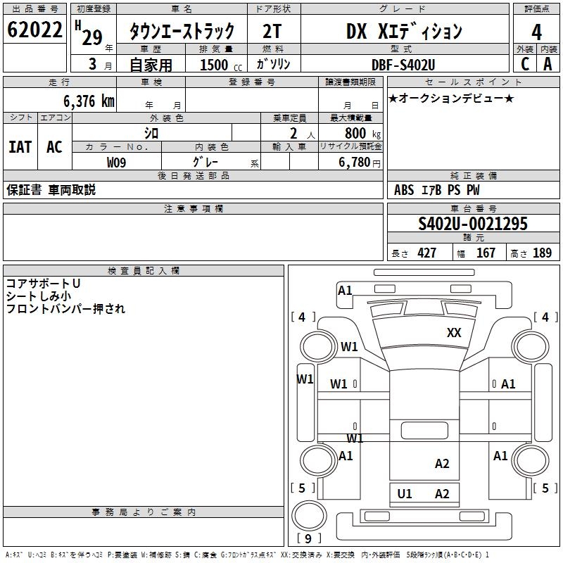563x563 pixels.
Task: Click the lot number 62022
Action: pos(34,31)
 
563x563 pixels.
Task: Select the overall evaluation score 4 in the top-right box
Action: pos(536,32)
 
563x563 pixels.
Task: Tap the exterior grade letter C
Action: pos(524,63)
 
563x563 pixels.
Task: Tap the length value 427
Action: pos(427,253)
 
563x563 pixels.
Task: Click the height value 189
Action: pos(542,253)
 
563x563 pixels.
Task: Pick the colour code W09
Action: pos(117,163)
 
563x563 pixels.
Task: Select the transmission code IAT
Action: pos(20,147)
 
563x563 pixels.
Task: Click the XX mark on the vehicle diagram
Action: pos(454,333)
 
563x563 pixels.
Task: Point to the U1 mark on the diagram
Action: pos(405,493)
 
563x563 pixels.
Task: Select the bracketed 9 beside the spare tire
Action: pos(308,539)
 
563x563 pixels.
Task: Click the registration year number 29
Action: pos(91,37)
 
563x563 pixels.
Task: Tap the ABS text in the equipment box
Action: pos(404,190)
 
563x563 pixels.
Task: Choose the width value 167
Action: pos(486,253)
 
